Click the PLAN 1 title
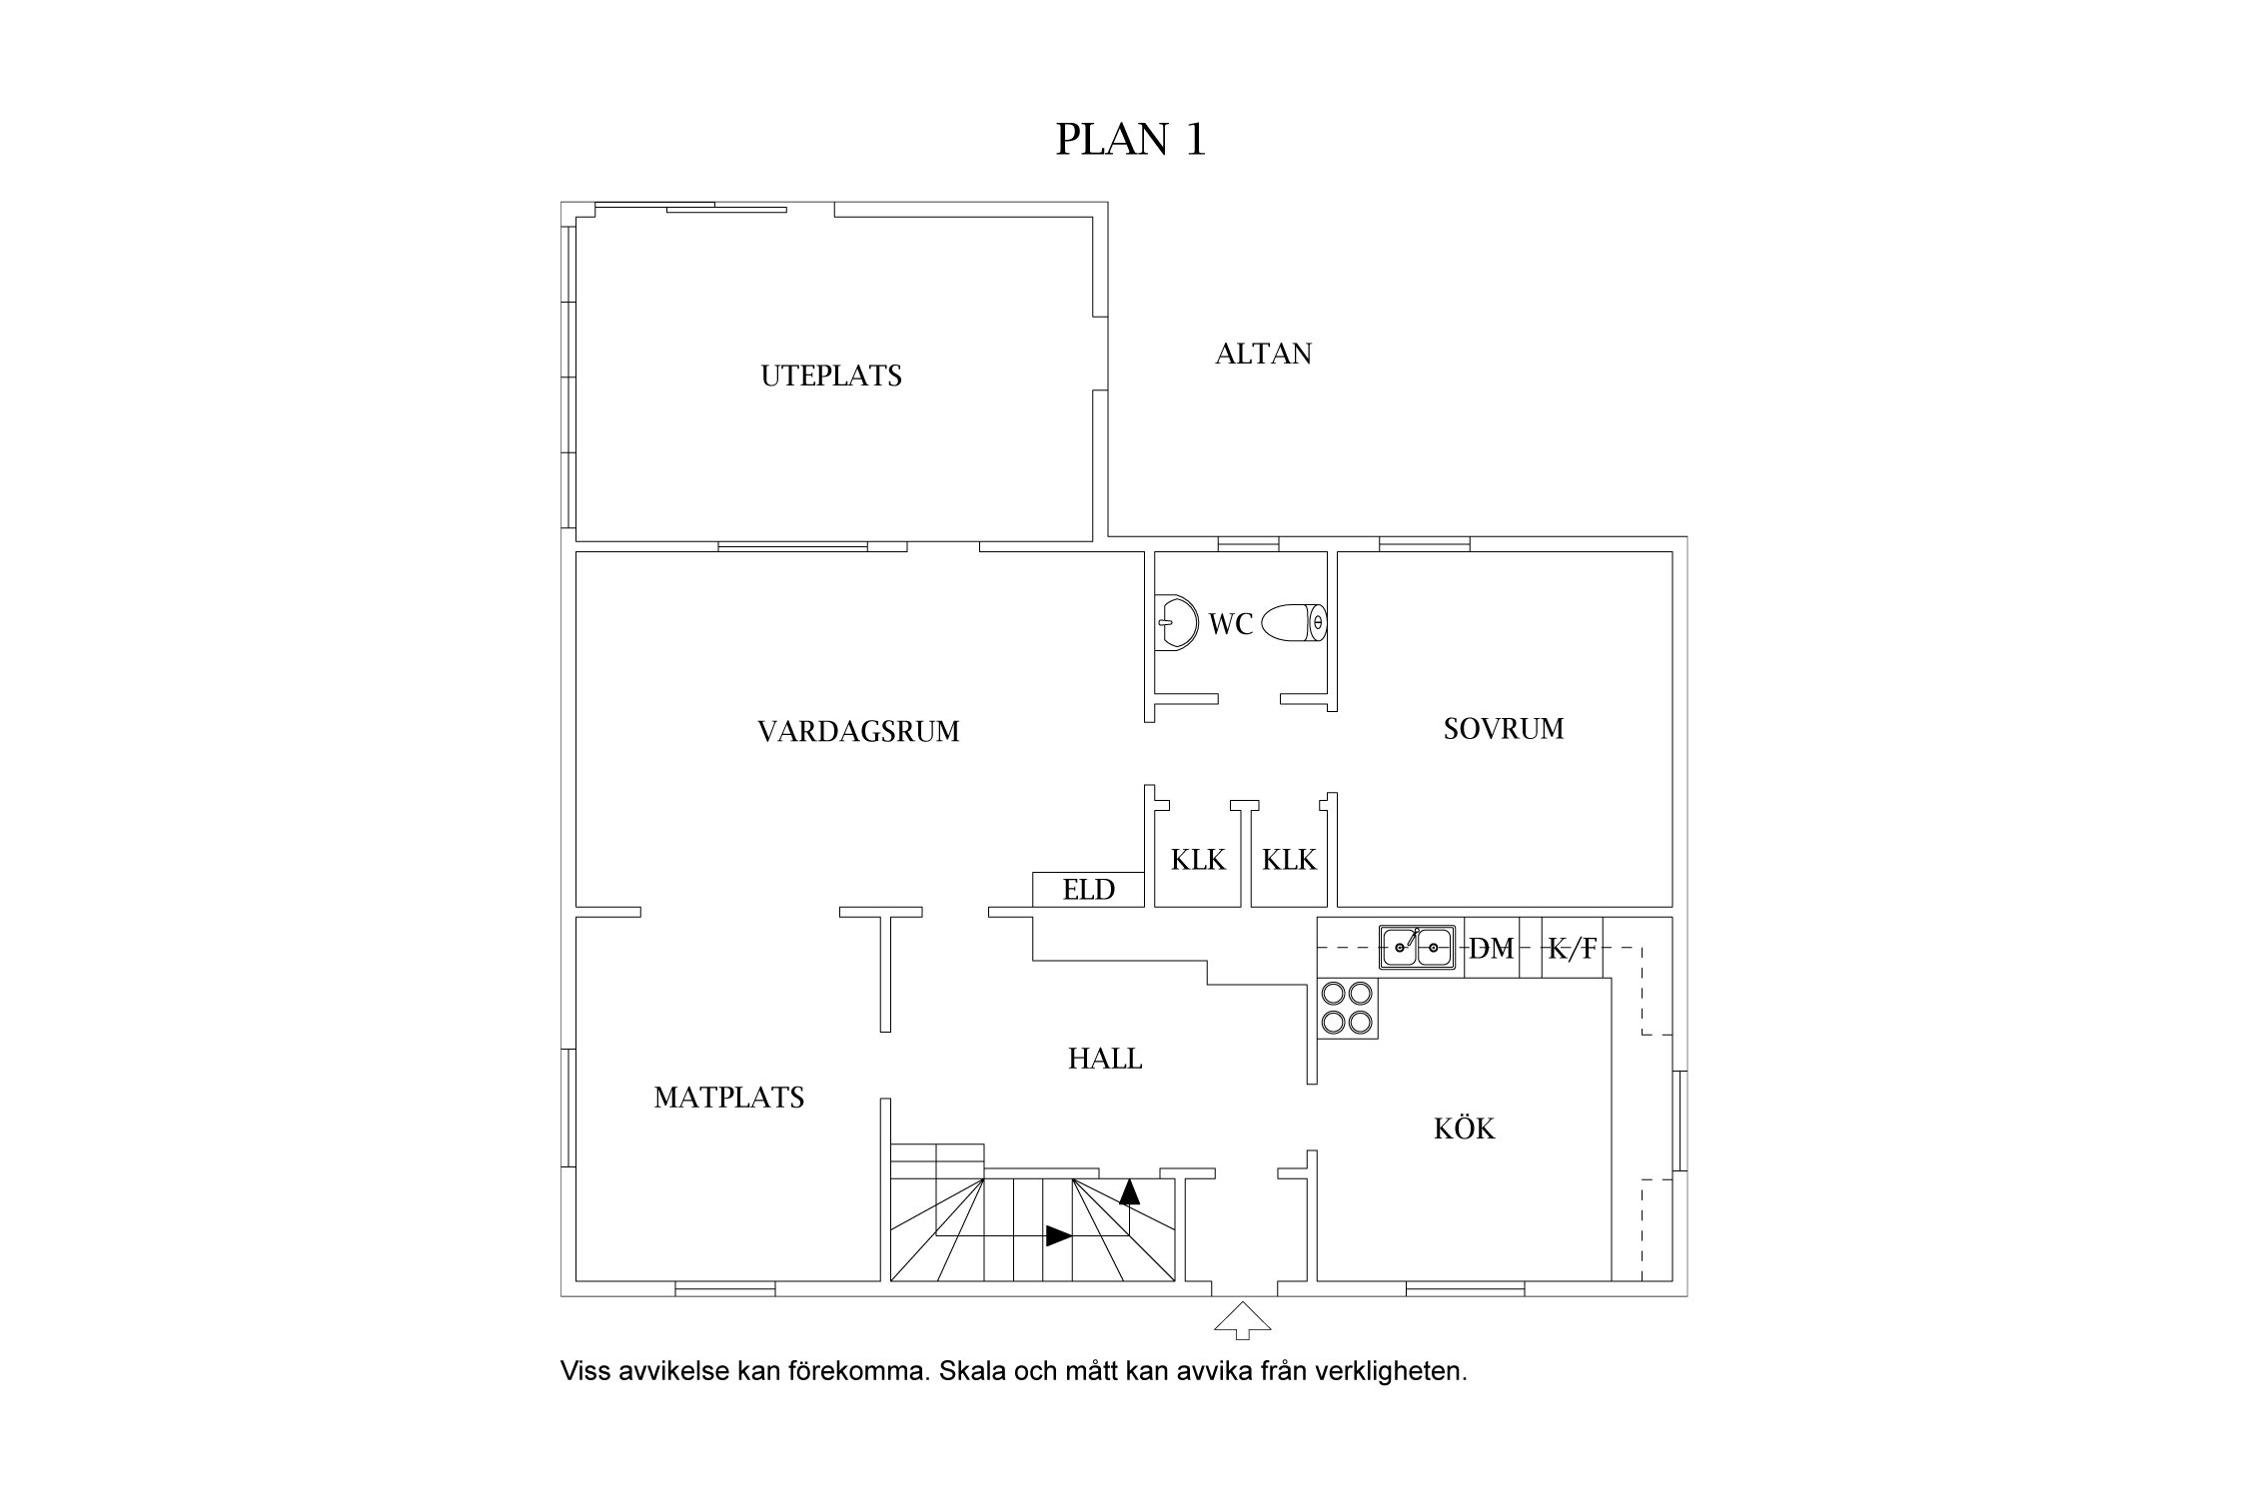coord(1130,140)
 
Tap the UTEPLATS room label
coord(831,376)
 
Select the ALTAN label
coord(1263,355)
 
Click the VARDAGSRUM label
coord(858,732)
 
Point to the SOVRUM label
coord(1503,729)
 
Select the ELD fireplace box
coord(1088,889)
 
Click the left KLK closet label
coord(1198,860)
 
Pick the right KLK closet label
coord(1289,860)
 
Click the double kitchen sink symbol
coord(1416,946)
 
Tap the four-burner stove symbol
coord(1347,1009)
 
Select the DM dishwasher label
coord(1491,949)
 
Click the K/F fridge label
coord(1572,949)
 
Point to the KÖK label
coord(1464,1129)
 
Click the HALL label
coord(1104,1059)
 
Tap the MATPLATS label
coord(728,1099)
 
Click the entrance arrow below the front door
coord(1242,1319)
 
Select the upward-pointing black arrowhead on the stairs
coord(1129,1190)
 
